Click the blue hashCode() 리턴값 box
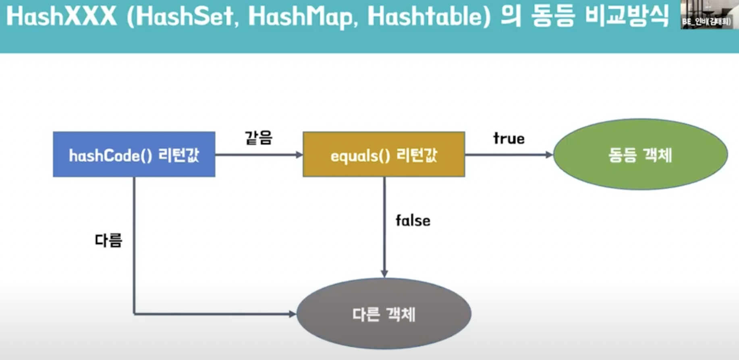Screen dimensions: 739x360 coord(134,154)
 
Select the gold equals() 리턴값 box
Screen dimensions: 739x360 coord(384,154)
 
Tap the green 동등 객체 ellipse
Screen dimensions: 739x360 coord(640,154)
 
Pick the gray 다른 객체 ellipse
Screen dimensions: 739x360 coord(384,314)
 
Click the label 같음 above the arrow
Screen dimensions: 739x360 coord(259,138)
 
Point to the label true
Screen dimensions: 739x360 coord(509,139)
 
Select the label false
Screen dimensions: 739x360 coord(413,221)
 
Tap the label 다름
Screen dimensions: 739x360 coord(108,240)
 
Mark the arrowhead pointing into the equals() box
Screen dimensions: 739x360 coord(299,155)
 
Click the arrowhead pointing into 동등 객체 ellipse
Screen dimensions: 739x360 coord(549,155)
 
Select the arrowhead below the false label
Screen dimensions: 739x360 coord(384,274)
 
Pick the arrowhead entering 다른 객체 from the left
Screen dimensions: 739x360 coord(293,314)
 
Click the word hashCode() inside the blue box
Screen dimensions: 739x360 coord(110,155)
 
